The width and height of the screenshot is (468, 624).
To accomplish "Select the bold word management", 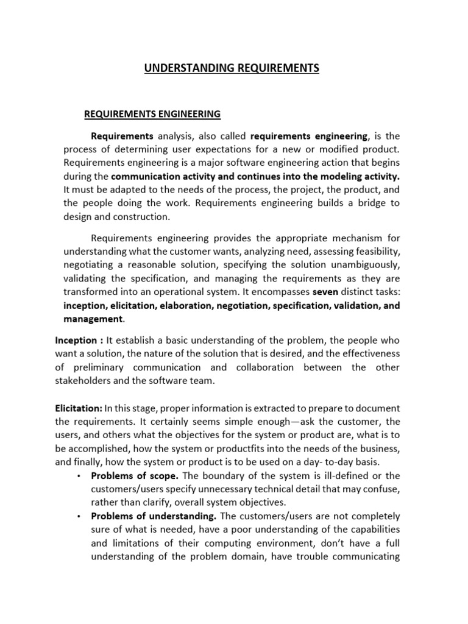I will (x=93, y=319).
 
